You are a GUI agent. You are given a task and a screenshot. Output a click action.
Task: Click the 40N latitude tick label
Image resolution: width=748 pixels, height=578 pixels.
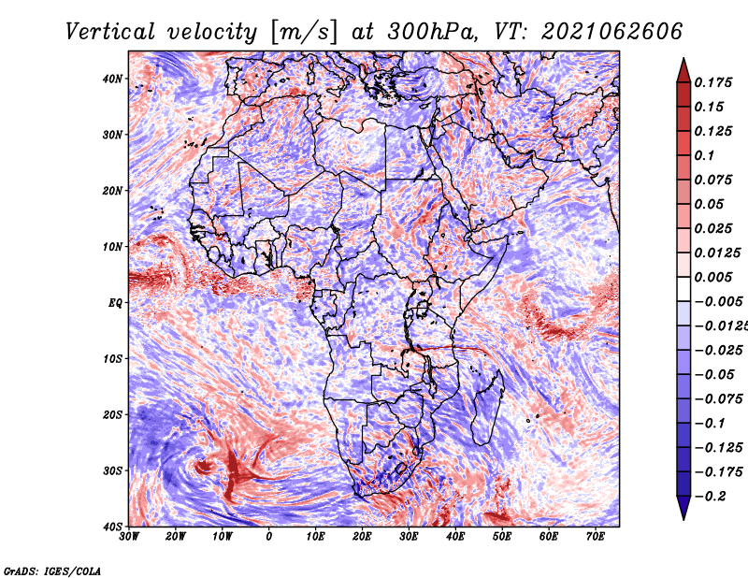point(112,79)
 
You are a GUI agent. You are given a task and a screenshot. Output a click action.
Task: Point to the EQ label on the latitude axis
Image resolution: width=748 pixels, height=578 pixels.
point(115,303)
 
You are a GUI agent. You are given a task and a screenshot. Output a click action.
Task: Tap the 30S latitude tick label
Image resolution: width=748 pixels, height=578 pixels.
point(112,470)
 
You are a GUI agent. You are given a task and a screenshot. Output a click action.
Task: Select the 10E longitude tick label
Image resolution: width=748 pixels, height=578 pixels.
point(315,536)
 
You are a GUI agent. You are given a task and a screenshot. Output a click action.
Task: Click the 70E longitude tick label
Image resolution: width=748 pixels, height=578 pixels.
point(595,536)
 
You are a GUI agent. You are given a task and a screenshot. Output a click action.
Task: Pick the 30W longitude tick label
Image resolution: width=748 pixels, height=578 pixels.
point(129,536)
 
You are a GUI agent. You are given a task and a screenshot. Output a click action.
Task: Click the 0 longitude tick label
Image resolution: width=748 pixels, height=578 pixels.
point(269,536)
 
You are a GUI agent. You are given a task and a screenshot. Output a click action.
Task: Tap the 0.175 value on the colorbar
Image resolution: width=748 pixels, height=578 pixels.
point(712,82)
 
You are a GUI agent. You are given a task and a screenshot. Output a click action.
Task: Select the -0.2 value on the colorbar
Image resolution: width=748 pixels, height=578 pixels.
point(710,497)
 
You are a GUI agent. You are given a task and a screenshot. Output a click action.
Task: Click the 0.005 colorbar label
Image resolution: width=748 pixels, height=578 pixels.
point(712,277)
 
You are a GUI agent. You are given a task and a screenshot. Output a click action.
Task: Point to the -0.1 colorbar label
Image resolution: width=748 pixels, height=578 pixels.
point(710,424)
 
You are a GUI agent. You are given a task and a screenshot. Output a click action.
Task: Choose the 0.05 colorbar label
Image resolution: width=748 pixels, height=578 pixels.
point(709,204)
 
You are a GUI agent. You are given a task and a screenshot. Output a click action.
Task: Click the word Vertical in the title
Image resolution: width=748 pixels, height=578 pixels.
point(110,32)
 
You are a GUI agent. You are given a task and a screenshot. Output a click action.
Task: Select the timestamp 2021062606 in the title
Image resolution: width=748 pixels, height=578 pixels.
point(612,32)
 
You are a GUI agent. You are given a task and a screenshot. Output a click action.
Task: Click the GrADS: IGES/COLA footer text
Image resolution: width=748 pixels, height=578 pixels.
point(52,571)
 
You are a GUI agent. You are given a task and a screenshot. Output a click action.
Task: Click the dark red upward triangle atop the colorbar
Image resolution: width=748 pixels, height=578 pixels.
point(683,70)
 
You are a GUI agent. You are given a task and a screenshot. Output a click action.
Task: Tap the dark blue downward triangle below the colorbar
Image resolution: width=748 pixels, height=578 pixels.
point(683,508)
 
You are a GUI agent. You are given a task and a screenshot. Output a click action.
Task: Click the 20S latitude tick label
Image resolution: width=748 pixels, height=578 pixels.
point(112,414)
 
